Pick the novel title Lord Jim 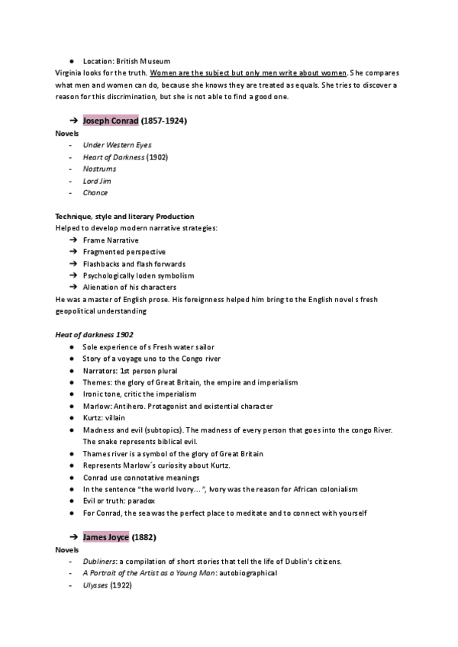(x=97, y=181)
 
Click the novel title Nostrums (x=100, y=169)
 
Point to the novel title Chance (x=95, y=192)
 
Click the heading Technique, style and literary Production (x=124, y=216)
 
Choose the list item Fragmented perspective (x=124, y=252)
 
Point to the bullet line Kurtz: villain (x=110, y=418)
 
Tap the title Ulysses (x=96, y=585)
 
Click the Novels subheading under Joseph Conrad (x=67, y=134)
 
